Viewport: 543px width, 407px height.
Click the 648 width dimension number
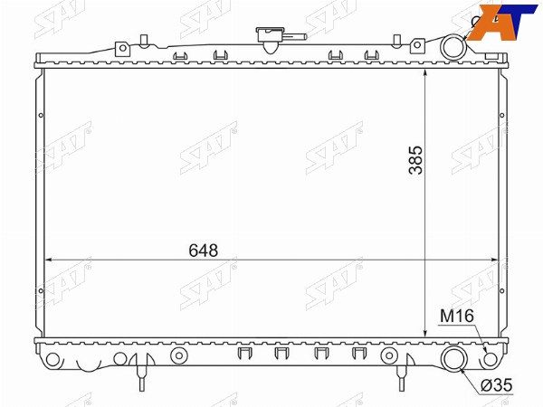[204, 251]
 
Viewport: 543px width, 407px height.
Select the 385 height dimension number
[415, 159]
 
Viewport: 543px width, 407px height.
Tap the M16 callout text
[456, 316]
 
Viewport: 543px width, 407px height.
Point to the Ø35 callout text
[497, 385]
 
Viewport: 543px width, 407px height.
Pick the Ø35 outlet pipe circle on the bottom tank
[454, 358]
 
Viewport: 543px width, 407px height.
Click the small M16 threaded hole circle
[490, 359]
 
